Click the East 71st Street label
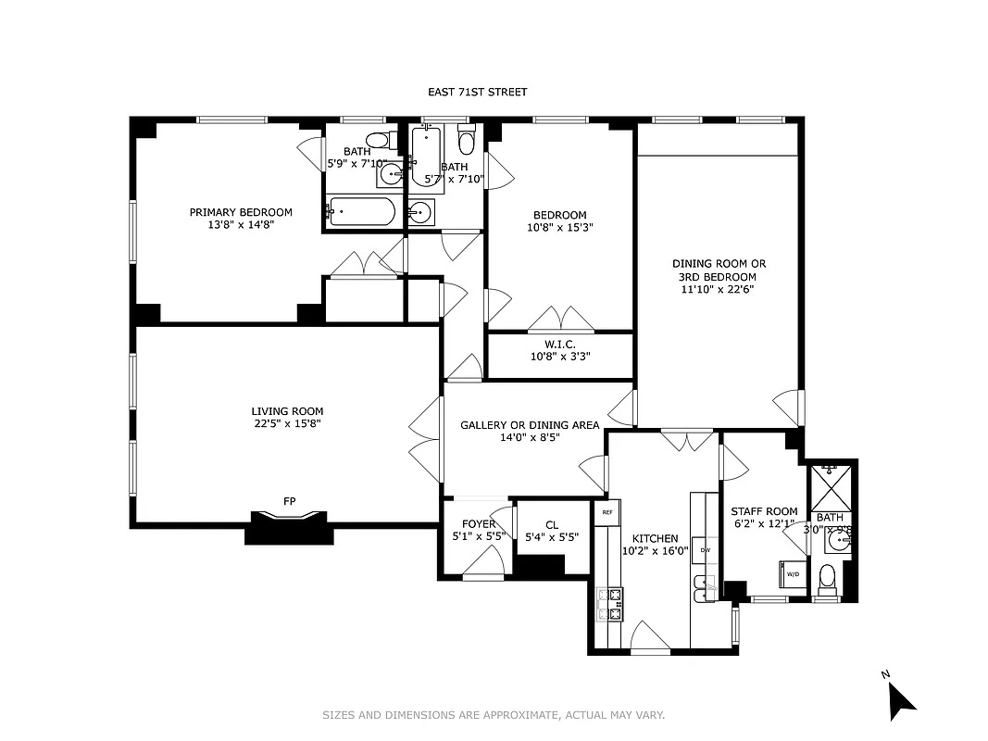(477, 92)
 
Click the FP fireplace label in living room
(289, 501)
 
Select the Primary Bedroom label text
(241, 212)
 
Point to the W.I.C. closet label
(559, 344)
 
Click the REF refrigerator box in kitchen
(607, 512)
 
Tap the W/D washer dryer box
(793, 574)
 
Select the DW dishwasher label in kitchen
(705, 550)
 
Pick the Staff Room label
(764, 511)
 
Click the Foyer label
(479, 524)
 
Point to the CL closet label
(552, 525)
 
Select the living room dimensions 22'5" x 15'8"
(287, 423)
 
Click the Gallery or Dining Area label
(530, 425)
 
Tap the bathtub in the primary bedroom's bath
(362, 212)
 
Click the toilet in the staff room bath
(827, 577)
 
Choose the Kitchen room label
(655, 538)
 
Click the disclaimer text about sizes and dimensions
(494, 715)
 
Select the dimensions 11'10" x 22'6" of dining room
(719, 289)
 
